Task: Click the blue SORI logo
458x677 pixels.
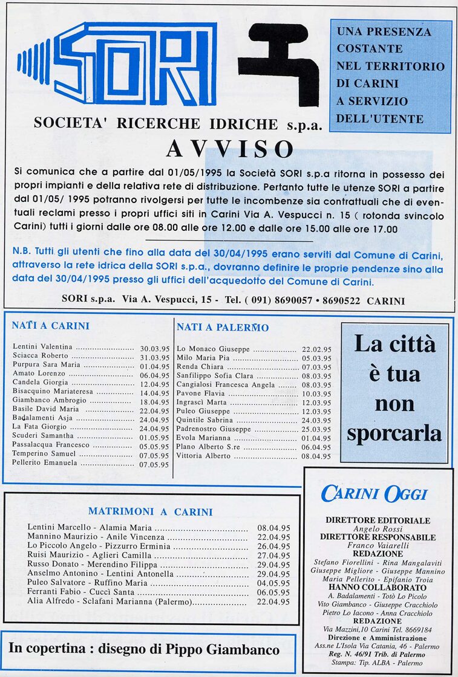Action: pyautogui.click(x=118, y=63)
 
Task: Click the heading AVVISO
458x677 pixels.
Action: pyautogui.click(x=230, y=149)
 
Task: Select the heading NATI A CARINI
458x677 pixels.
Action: pyautogui.click(x=50, y=326)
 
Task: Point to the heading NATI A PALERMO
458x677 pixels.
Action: pyautogui.click(x=223, y=328)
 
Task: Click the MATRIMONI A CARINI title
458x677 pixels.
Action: pyautogui.click(x=151, y=511)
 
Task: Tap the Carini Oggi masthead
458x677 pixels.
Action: pyautogui.click(x=375, y=494)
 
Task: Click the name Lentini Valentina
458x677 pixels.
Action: pyautogui.click(x=42, y=347)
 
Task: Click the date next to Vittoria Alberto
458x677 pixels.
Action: pyautogui.click(x=316, y=456)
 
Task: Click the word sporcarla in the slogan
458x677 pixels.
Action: pyautogui.click(x=394, y=433)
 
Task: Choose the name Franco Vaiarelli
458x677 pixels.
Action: pyautogui.click(x=378, y=545)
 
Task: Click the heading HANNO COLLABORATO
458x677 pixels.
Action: pyautogui.click(x=378, y=587)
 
